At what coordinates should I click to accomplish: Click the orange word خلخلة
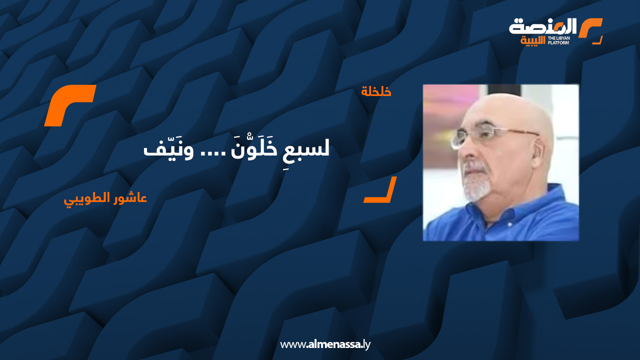point(376,91)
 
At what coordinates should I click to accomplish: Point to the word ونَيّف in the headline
point(168,148)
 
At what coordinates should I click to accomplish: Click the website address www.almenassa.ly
point(325,344)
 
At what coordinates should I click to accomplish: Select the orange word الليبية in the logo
point(532,40)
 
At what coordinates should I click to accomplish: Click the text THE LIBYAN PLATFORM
point(558,40)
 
